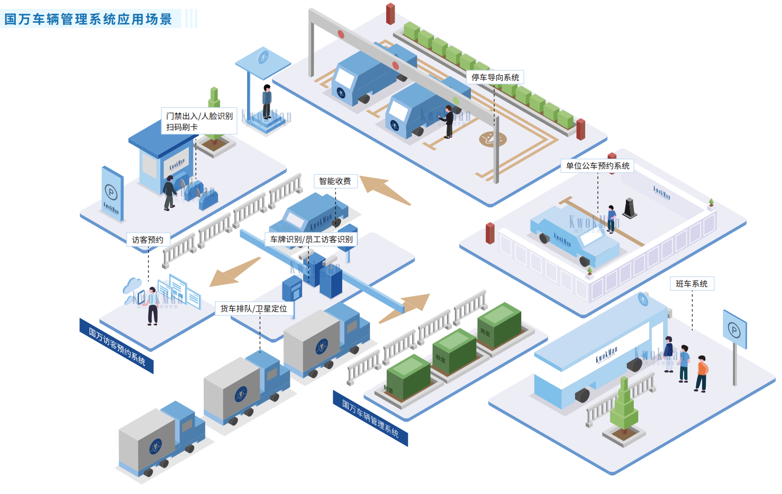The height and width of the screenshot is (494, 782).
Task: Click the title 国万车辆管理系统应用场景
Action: click(x=88, y=20)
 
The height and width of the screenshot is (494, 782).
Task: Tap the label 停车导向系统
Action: click(x=495, y=78)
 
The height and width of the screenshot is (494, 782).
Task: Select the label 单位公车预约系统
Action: click(x=598, y=166)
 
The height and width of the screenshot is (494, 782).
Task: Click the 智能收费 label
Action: click(x=335, y=181)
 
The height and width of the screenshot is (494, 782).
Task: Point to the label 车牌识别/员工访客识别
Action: click(x=311, y=240)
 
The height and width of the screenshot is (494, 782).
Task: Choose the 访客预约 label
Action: click(x=148, y=240)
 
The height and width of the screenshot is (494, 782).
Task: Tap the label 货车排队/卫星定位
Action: click(x=253, y=308)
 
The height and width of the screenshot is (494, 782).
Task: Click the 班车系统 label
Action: click(x=692, y=284)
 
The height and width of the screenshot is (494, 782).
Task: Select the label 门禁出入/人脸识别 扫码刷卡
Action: click(x=199, y=121)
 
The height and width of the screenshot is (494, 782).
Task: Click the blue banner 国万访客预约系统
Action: click(x=116, y=346)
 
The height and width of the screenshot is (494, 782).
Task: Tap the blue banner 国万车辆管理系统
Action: click(x=370, y=418)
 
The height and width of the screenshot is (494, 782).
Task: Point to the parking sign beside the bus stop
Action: click(x=734, y=331)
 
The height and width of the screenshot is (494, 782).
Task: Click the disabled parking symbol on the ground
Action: click(x=493, y=140)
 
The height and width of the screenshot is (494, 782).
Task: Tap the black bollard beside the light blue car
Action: click(x=630, y=208)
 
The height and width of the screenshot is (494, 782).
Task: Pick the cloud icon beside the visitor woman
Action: click(x=132, y=287)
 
